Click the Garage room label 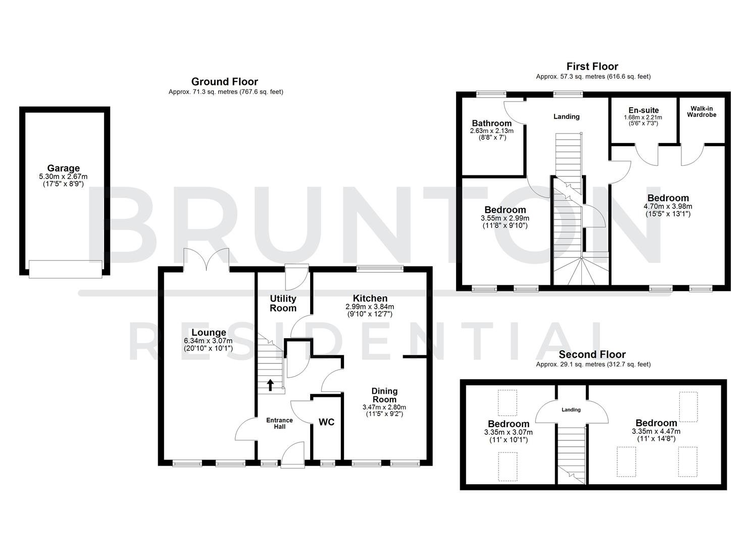(x=64, y=168)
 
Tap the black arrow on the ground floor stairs (x=270, y=385)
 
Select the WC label (x=326, y=422)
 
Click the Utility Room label (x=283, y=303)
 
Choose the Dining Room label (x=384, y=395)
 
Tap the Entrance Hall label (x=279, y=423)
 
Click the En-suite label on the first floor (x=643, y=110)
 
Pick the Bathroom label (x=491, y=123)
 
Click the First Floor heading (x=592, y=66)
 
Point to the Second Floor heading (x=592, y=355)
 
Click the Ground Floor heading (x=224, y=82)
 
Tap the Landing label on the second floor (x=571, y=410)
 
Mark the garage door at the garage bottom (x=66, y=268)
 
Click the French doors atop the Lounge (x=206, y=259)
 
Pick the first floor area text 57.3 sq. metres (x=593, y=77)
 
